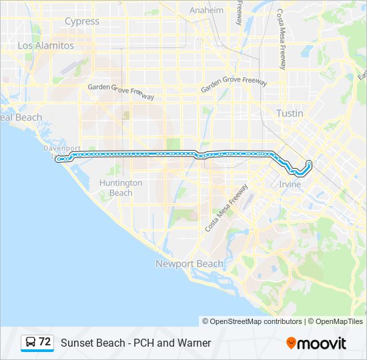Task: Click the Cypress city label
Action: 82,21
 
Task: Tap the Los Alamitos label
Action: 46,45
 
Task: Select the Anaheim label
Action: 206,11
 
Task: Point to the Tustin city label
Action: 290,113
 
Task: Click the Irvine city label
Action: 290,184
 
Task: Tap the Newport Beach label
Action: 190,263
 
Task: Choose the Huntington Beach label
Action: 121,187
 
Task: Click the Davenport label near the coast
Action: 62,148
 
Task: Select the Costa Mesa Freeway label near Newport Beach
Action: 227,207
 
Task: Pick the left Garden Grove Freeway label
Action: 121,91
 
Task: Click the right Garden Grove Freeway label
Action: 234,85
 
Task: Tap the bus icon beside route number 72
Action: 31,342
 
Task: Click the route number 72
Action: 45,342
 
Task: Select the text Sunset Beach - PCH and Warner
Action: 135,343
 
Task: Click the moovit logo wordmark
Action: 322,343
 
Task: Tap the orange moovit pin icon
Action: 291,343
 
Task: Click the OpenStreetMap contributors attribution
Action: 256,321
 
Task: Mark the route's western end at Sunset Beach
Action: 59,159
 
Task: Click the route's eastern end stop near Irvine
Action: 309,162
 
